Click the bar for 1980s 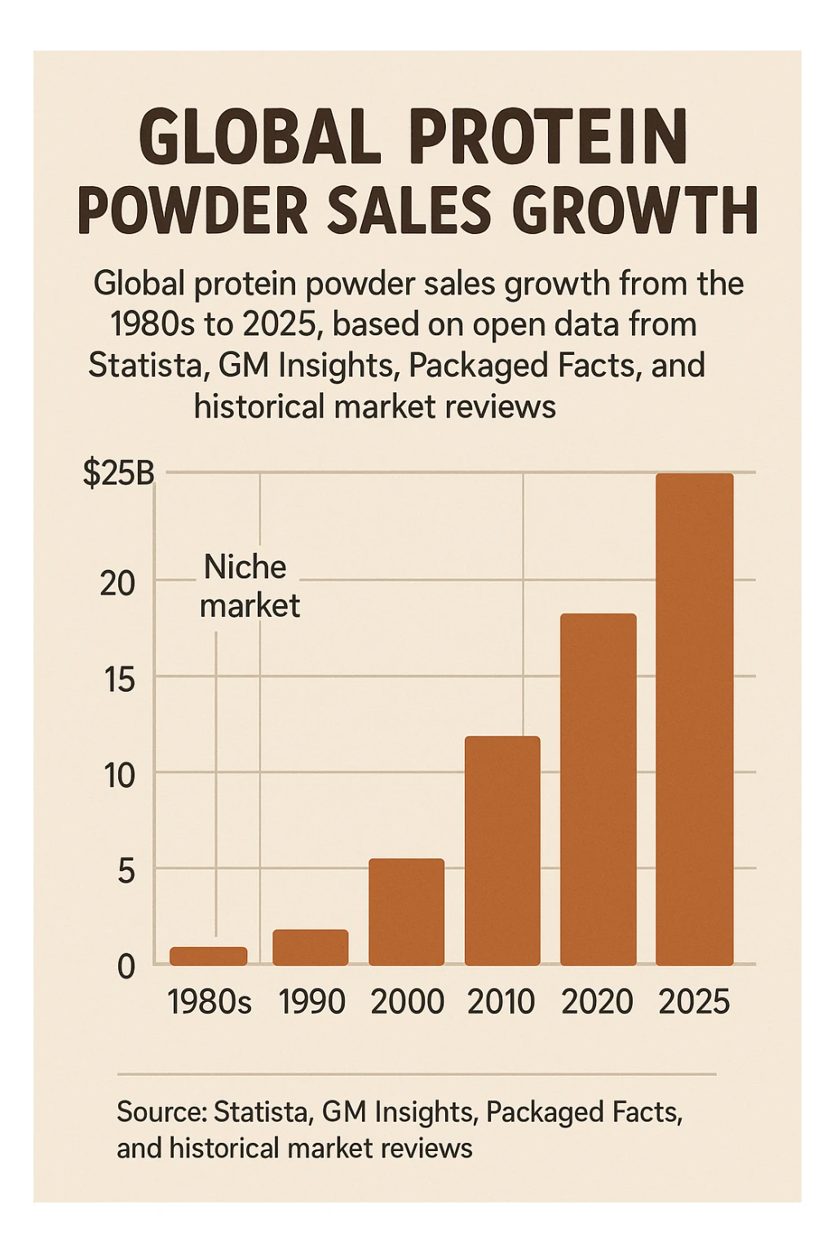click(x=208, y=956)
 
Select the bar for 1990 click(x=310, y=947)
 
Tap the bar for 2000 click(x=406, y=912)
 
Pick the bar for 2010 click(x=502, y=851)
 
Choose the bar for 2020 click(x=598, y=790)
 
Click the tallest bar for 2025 click(x=694, y=719)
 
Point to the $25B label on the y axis click(x=118, y=474)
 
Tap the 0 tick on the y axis click(x=126, y=967)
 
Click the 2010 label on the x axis click(x=501, y=1002)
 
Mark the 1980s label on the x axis click(x=210, y=1002)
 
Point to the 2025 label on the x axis click(x=694, y=1002)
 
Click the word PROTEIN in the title click(x=554, y=139)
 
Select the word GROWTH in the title click(x=635, y=210)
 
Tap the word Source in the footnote click(x=161, y=1112)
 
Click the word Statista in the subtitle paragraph click(x=144, y=365)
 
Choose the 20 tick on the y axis click(x=117, y=584)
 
